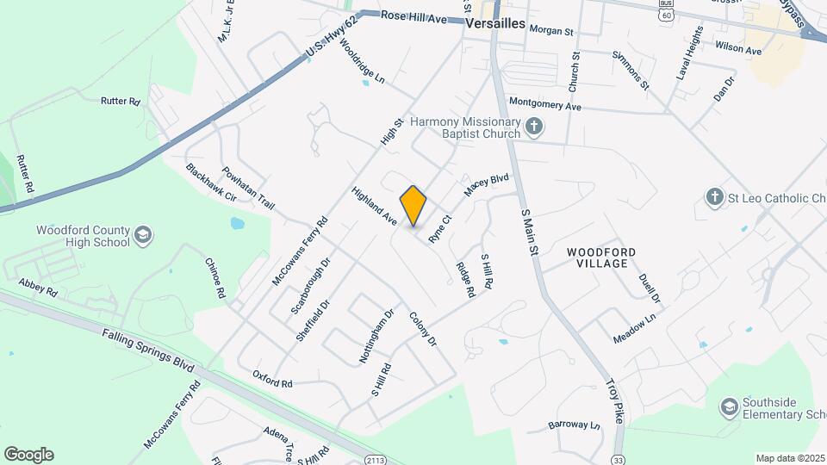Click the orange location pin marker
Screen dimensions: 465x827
click(x=413, y=205)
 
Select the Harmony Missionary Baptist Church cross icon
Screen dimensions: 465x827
click(x=534, y=127)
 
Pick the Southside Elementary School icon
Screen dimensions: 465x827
click(x=729, y=406)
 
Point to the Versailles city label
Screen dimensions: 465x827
click(x=494, y=24)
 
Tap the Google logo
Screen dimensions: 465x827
click(x=28, y=454)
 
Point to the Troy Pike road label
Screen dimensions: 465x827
click(x=614, y=400)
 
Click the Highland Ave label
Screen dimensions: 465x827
click(x=374, y=207)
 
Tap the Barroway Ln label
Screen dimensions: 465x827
click(x=574, y=425)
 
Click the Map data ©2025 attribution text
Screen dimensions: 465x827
click(x=789, y=458)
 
